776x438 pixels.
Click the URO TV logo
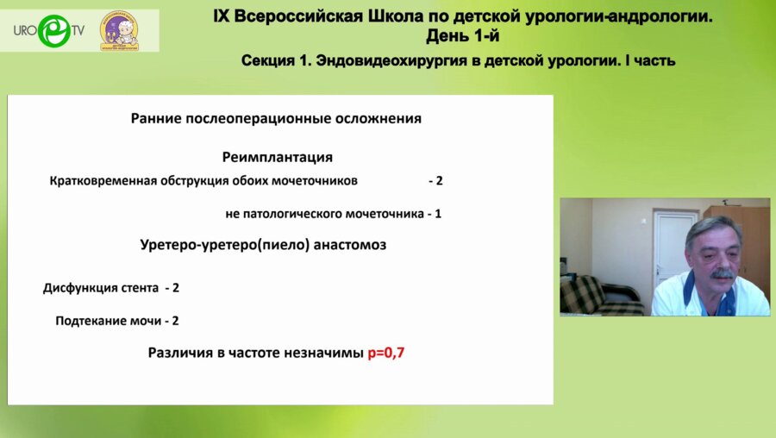coord(49,31)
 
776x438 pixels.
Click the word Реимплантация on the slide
coord(277,158)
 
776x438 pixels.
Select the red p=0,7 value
coord(386,352)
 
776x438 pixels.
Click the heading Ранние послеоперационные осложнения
coord(276,119)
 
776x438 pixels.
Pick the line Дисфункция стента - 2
coord(111,287)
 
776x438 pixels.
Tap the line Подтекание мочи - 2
coord(116,320)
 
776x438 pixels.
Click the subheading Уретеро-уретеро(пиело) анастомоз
coord(263,245)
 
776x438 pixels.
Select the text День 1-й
coord(462,36)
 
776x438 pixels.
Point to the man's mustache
coord(722,273)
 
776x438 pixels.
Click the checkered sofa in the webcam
coord(596,297)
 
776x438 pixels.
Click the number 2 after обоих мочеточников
coord(439,181)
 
